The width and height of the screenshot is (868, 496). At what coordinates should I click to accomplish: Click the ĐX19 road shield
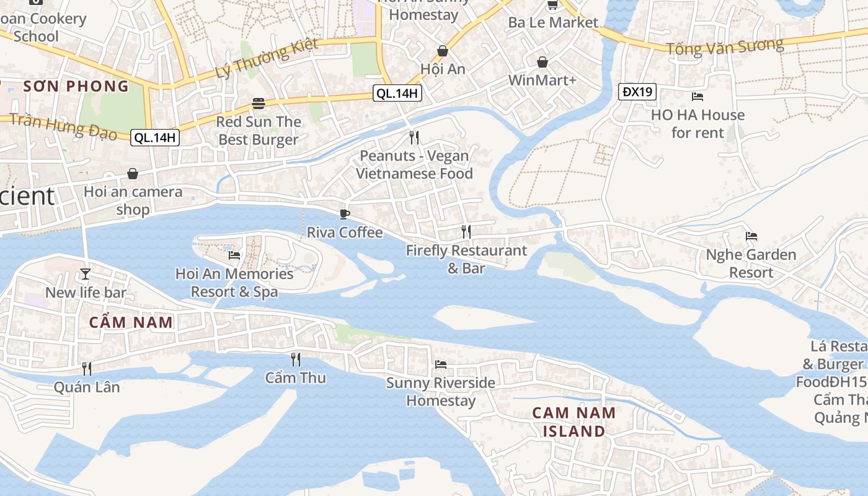(637, 92)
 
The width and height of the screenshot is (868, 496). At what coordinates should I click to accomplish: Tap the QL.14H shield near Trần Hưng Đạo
(155, 138)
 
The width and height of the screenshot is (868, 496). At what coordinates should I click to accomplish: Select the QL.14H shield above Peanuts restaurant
(397, 94)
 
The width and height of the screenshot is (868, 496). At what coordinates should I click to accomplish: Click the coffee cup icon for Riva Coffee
(345, 214)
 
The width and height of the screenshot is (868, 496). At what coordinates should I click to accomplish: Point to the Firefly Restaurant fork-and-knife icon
(466, 232)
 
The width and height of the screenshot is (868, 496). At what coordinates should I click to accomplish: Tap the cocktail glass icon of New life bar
(86, 273)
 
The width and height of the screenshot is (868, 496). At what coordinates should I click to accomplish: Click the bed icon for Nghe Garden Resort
(751, 236)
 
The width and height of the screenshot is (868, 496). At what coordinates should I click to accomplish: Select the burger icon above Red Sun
(259, 104)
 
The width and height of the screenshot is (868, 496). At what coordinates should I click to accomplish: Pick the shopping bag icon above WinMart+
(542, 62)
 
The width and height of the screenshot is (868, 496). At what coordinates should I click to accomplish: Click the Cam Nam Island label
(574, 422)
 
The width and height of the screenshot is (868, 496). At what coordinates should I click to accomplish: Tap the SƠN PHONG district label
(76, 86)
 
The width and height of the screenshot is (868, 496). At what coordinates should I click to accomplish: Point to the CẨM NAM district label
(131, 322)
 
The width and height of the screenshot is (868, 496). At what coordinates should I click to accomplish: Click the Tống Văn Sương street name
(725, 46)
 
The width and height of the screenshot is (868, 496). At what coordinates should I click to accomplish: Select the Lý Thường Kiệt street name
(267, 58)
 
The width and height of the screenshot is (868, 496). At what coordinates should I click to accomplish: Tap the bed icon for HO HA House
(697, 96)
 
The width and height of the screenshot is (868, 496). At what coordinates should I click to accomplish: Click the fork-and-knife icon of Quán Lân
(87, 368)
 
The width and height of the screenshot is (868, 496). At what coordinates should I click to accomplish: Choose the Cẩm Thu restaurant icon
(296, 359)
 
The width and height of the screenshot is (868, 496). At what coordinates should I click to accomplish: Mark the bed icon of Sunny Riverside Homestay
(441, 364)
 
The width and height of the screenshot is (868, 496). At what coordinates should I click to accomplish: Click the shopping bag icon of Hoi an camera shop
(133, 174)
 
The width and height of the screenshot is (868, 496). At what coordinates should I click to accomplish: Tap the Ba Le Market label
(553, 22)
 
